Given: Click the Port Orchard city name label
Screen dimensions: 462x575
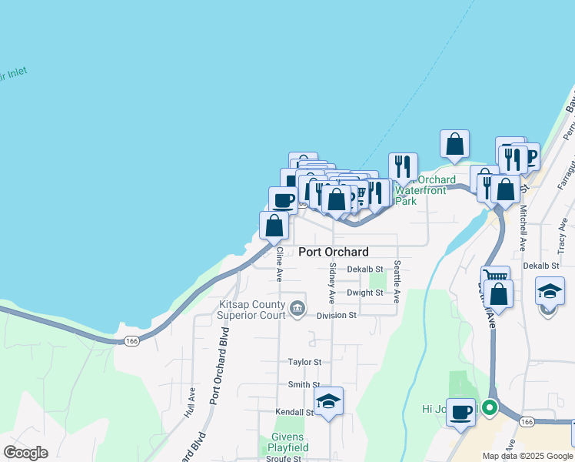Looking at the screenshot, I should [333, 252].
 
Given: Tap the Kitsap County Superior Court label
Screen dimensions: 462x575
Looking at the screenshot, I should [251, 310].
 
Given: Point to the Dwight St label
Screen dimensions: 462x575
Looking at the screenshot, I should [364, 293].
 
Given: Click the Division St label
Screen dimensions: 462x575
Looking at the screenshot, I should [337, 315].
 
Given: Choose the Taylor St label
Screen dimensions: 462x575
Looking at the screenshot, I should [304, 361].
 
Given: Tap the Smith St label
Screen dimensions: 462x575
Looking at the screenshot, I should [304, 384].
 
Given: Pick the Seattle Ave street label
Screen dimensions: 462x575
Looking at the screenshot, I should [397, 280].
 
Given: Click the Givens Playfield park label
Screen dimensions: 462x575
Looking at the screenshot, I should [289, 443].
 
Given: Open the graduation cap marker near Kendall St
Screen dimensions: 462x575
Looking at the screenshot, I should [328, 401].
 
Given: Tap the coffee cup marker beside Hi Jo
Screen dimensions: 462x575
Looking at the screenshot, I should [460, 412].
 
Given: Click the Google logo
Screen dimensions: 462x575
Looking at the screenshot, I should [25, 453].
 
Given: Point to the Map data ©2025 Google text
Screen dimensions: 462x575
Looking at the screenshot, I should [527, 456].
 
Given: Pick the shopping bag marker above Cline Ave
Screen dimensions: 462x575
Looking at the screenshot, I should [274, 226].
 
